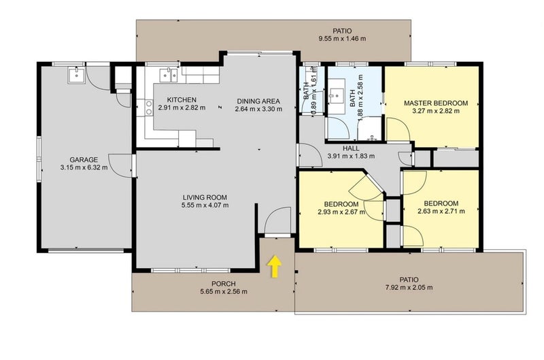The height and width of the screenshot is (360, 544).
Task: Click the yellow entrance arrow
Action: pos(275,267)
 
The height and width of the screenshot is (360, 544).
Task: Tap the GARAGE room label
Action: pos(84,160)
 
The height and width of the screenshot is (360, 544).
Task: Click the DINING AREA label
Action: pos(258,101)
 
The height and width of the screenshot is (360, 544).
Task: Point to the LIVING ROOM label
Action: pos(205,197)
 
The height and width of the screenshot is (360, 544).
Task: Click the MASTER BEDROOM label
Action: pos(436,103)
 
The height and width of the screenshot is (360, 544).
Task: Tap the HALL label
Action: pos(351,148)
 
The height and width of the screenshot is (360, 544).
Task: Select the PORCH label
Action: pos(224,284)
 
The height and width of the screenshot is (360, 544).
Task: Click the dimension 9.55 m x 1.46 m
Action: pos(342,39)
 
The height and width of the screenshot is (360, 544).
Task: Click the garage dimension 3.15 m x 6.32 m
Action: pos(84,167)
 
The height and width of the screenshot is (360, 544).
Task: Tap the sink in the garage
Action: pos(76,75)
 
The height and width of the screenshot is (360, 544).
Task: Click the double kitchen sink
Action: pos(169,75)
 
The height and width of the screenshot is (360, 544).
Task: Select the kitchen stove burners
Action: pos(149,108)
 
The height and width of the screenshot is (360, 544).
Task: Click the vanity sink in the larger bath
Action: pos(336,94)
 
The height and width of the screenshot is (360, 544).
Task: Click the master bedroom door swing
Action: pos(398,130)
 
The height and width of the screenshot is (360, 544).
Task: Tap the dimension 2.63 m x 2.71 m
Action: pos(441,211)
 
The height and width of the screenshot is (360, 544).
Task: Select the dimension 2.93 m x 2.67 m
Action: pos(341,212)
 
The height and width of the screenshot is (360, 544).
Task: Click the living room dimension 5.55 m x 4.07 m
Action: pos(205,205)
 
